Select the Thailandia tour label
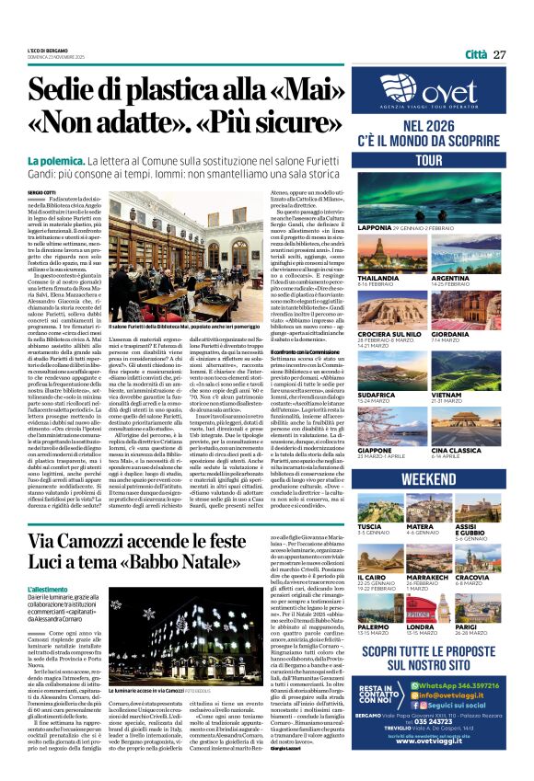377,276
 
